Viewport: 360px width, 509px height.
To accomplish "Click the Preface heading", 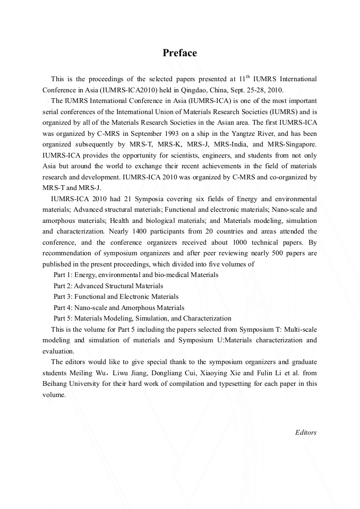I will pos(179,53).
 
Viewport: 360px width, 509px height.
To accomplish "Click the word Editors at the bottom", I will pos(306,433).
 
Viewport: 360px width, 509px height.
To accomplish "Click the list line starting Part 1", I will pos(136,275).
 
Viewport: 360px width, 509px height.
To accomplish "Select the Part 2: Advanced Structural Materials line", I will pos(108,286).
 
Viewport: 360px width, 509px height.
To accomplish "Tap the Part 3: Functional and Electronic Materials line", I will pos(116,297).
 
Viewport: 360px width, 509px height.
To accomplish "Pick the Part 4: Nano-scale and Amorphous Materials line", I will pos(119,308).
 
